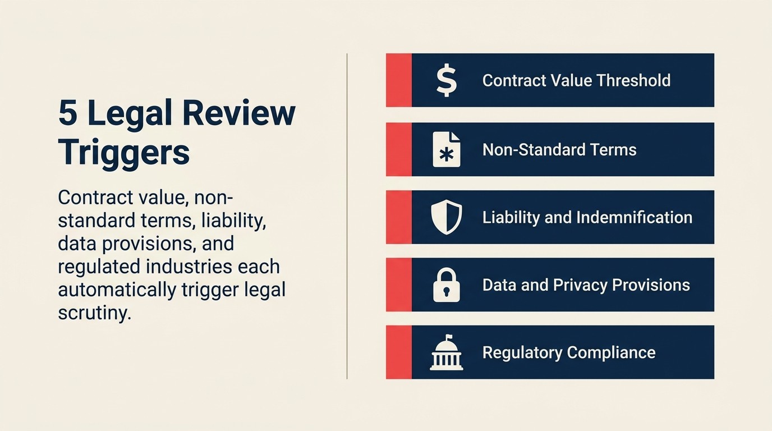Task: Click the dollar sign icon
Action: [x=447, y=80]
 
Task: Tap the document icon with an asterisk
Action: [x=447, y=150]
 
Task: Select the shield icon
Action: [x=447, y=218]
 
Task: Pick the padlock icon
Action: [x=447, y=285]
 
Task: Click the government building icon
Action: [x=447, y=353]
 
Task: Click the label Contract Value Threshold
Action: [x=576, y=80]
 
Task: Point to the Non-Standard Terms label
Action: [x=559, y=150]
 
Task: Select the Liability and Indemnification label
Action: [x=587, y=218]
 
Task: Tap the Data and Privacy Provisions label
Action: [x=586, y=285]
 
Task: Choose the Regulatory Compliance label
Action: [x=569, y=353]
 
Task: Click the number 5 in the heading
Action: [x=68, y=113]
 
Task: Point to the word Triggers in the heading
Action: [x=124, y=151]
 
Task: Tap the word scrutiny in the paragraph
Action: [x=94, y=313]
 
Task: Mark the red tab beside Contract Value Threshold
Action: [x=398, y=80]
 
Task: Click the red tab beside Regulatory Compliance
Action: [x=398, y=352]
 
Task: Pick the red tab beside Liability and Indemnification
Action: [x=398, y=217]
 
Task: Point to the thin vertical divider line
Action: [x=347, y=216]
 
